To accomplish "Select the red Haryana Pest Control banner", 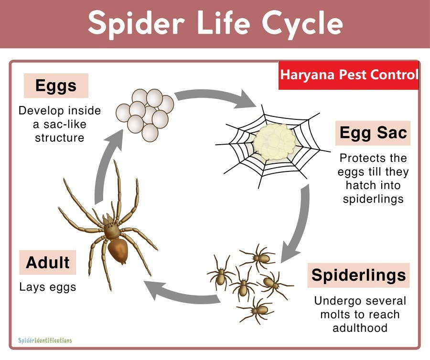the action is coord(349,75).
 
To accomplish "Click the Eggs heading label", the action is coord(56,86).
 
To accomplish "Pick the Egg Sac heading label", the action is coord(373,133).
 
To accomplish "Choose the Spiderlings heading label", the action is coord(358,275).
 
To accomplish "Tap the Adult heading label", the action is coord(47,263).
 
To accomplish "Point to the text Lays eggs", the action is coord(48,287).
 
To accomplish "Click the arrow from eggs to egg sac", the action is coord(214,96).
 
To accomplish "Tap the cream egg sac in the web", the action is coord(275,142).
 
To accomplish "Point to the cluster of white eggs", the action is coord(145,115).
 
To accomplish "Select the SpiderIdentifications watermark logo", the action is coord(45,340).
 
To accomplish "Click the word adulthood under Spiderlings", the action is coord(360,328).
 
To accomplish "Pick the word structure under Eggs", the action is coord(60,138).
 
